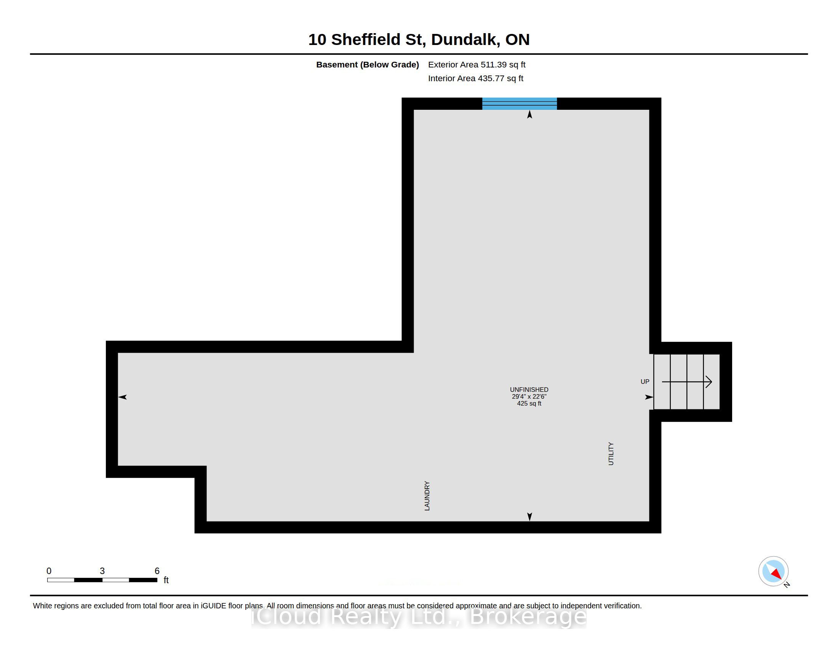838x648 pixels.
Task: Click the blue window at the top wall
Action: (520, 104)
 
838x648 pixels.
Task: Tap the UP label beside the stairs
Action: (644, 382)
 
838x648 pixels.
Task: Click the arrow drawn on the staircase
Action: (687, 382)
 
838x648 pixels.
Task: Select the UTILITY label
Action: (611, 454)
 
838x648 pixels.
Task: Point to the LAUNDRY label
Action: (427, 496)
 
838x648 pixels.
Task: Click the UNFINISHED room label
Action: (529, 390)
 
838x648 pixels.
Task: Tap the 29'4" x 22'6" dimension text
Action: (529, 396)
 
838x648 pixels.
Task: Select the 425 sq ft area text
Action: (529, 403)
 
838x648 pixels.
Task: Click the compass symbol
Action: (774, 571)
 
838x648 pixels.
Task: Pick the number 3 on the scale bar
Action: (102, 571)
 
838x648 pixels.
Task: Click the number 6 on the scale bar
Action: (157, 571)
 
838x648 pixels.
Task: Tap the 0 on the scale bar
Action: (49, 571)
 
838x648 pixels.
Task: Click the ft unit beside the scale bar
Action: (166, 580)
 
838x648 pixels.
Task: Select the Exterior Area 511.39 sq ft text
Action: (477, 64)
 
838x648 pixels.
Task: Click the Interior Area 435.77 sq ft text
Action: (475, 78)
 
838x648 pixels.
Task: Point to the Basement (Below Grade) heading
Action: (367, 64)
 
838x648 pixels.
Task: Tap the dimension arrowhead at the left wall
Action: (122, 397)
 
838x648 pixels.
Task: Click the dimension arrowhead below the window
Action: (529, 114)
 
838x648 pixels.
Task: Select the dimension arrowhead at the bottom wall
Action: (529, 517)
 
